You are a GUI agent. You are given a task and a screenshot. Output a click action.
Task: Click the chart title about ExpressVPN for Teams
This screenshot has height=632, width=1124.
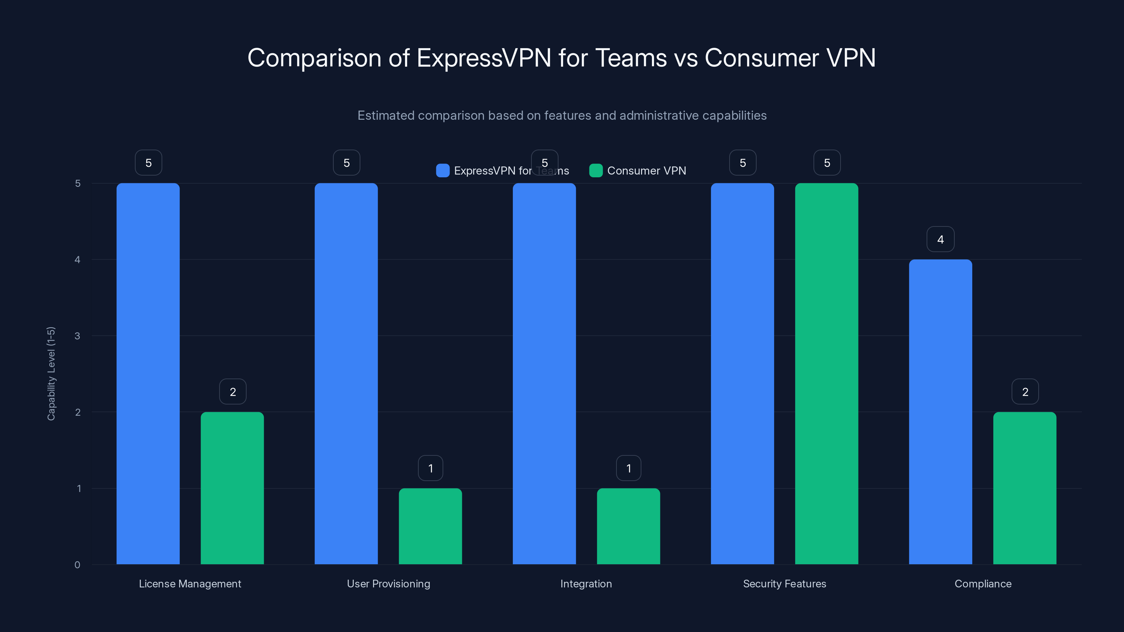562,58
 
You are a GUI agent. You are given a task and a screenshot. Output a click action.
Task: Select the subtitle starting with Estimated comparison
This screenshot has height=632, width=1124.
562,116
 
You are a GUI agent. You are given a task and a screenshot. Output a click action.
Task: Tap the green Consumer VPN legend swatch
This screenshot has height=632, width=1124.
596,171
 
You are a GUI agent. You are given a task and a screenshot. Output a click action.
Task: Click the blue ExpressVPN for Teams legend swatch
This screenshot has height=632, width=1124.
443,171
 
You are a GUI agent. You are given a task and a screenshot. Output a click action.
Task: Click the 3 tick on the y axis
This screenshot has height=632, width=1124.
77,336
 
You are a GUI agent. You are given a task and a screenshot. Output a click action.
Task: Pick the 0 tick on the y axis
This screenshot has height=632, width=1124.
77,565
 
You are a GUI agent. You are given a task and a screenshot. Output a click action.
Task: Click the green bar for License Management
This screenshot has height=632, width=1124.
232,488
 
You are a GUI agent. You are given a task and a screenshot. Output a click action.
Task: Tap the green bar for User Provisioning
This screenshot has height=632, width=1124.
430,526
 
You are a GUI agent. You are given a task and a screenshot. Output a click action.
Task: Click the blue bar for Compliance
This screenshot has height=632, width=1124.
940,412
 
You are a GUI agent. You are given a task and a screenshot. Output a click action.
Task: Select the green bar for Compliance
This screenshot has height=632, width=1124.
1025,488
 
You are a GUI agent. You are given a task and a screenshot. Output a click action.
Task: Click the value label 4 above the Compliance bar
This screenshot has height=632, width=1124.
940,239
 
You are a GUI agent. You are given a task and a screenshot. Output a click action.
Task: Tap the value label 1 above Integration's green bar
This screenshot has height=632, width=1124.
628,468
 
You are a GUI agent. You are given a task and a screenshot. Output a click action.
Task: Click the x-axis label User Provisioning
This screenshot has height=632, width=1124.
388,584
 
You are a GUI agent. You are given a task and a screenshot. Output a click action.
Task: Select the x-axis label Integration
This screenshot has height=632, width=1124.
586,584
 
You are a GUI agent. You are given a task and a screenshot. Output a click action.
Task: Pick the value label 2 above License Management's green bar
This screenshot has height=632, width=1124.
233,392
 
